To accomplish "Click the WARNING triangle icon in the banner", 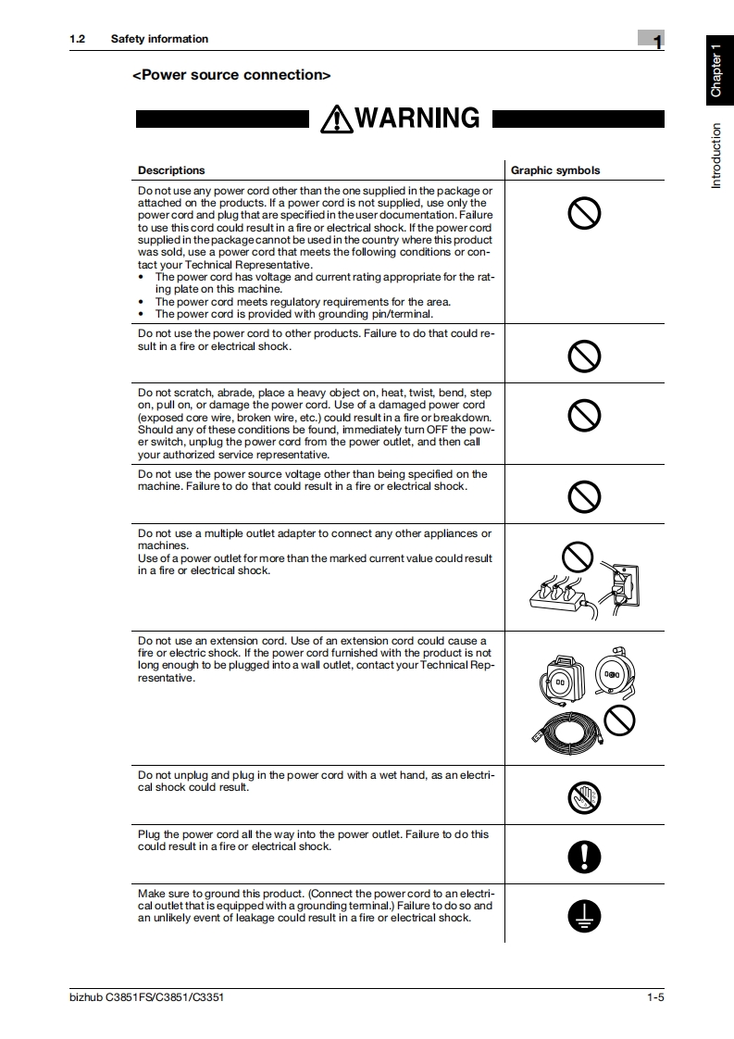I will pyautogui.click(x=336, y=119).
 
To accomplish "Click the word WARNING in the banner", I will pyautogui.click(x=417, y=119).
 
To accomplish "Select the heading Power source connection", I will pyautogui.click(x=231, y=75).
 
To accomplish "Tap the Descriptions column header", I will pyautogui.click(x=171, y=170).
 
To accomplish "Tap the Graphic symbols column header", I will pyautogui.click(x=555, y=170).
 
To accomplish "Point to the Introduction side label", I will pyautogui.click(x=716, y=156).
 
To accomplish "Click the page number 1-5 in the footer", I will pyautogui.click(x=655, y=997).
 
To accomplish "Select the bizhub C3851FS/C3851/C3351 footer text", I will pyautogui.click(x=146, y=997).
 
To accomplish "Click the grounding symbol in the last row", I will pyautogui.click(x=584, y=916).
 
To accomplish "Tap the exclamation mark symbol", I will pyautogui.click(x=584, y=857).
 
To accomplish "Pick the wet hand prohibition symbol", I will pyautogui.click(x=584, y=797).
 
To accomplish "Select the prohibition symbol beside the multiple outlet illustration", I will pyautogui.click(x=577, y=557).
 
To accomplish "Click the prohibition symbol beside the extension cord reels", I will pyautogui.click(x=618, y=718).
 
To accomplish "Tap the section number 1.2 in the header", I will pyautogui.click(x=77, y=39).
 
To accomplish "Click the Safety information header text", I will pyautogui.click(x=159, y=39).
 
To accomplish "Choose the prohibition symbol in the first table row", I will pyautogui.click(x=584, y=214).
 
